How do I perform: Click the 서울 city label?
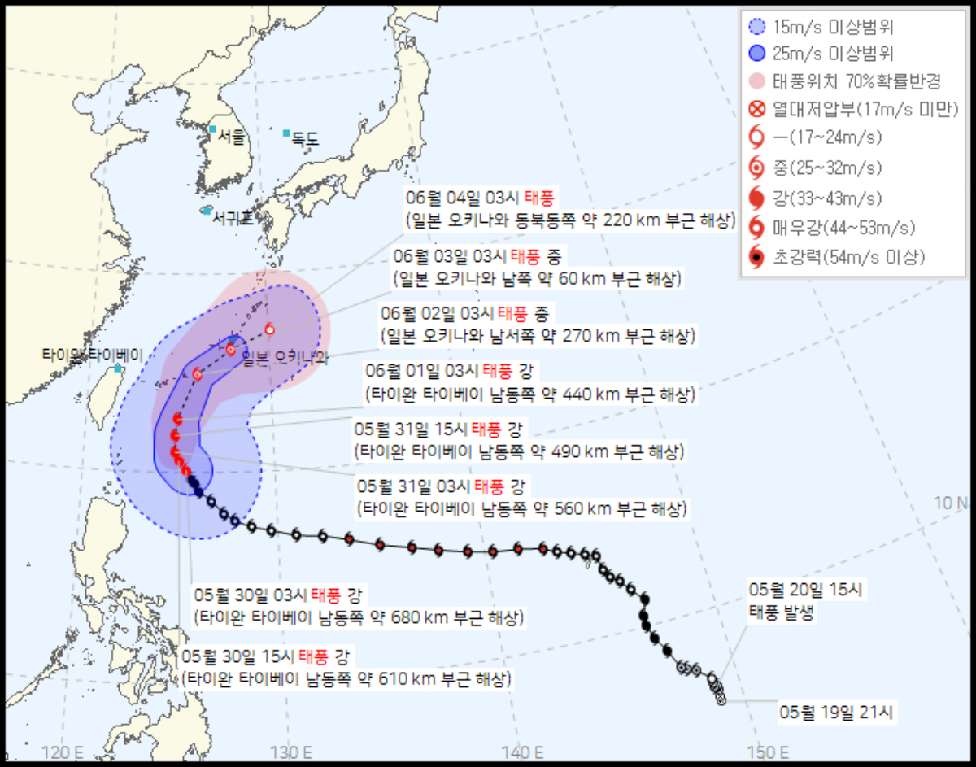pos(230,137)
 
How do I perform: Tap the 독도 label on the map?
pos(305,140)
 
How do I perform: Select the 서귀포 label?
pos(232,218)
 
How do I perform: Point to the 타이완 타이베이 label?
pos(94,355)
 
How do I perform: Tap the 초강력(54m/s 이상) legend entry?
pos(846,258)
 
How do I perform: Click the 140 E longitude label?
pos(525,749)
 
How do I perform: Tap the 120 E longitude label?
pos(67,749)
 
